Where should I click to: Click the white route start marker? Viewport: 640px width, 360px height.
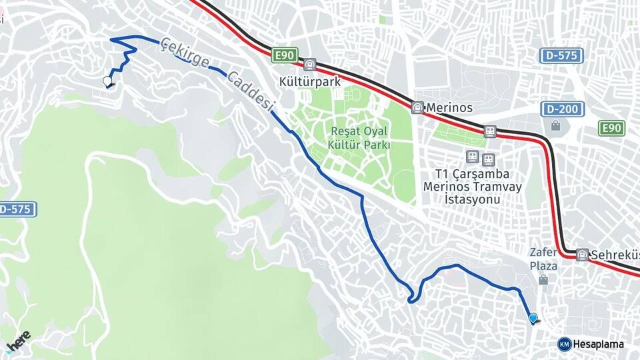[107, 81]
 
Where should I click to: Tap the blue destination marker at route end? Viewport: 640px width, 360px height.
[533, 318]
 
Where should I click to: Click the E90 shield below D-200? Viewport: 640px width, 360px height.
[611, 128]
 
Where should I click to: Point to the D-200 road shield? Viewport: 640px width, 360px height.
[563, 109]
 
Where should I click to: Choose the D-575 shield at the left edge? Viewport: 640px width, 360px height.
[16, 209]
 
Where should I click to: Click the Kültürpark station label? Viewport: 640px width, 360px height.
[309, 82]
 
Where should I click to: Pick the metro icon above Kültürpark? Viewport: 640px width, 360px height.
[309, 65]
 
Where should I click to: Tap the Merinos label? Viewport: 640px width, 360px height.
[449, 107]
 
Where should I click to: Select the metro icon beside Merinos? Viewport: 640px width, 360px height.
[417, 107]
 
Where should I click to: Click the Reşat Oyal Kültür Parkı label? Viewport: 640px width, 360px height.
[359, 138]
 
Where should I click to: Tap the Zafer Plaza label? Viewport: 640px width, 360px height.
[543, 259]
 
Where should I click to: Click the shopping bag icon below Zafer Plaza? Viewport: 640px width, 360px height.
[543, 280]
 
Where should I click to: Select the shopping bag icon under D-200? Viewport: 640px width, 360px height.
[555, 125]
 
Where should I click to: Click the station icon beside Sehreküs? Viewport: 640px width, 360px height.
[583, 255]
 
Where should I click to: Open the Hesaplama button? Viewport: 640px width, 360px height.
[592, 344]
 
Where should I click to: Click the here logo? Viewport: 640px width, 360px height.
[19, 340]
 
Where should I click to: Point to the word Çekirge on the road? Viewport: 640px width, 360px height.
[184, 55]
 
